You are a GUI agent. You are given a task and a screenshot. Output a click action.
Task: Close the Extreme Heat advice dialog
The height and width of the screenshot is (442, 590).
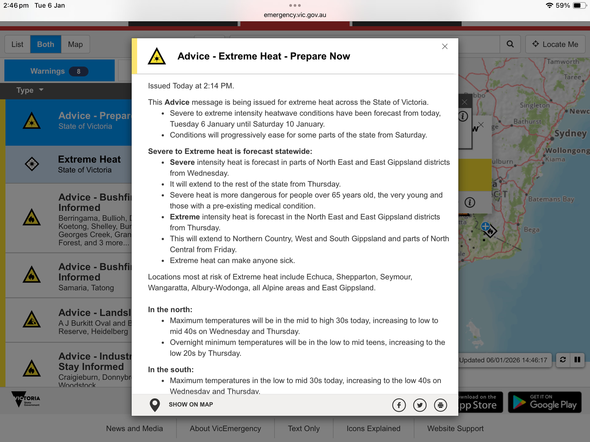445,46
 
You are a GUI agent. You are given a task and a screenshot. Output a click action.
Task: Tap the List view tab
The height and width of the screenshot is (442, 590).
18,45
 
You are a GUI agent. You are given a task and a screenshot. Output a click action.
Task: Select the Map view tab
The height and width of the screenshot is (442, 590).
75,45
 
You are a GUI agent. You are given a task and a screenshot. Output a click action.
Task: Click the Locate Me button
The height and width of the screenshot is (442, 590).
555,45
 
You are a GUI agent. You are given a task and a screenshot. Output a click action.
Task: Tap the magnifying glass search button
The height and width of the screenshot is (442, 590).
510,44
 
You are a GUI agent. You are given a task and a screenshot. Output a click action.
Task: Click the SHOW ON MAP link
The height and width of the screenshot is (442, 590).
191,405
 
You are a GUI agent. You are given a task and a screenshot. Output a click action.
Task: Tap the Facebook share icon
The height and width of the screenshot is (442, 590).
399,405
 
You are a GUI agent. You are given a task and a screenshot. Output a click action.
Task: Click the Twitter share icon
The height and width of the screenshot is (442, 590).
420,405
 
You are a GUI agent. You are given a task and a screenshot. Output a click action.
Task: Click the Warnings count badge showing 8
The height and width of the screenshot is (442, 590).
79,72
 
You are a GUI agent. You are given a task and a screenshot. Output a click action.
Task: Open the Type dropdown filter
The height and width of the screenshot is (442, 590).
30,90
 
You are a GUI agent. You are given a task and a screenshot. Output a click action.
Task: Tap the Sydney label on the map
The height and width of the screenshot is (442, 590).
570,133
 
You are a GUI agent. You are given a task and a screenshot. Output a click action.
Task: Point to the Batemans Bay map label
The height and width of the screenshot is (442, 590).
551,199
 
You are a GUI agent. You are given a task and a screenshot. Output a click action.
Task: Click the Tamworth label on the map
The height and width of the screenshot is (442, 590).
563,62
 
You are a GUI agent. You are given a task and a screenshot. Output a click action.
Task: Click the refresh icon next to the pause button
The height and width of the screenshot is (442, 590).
563,360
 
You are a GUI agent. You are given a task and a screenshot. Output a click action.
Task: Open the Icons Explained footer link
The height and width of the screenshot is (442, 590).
373,428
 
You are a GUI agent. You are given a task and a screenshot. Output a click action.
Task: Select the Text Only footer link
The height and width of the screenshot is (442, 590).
304,428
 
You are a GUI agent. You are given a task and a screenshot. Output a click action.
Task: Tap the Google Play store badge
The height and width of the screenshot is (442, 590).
545,402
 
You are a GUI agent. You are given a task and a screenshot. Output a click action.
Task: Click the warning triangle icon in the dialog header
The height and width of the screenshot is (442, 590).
157,56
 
